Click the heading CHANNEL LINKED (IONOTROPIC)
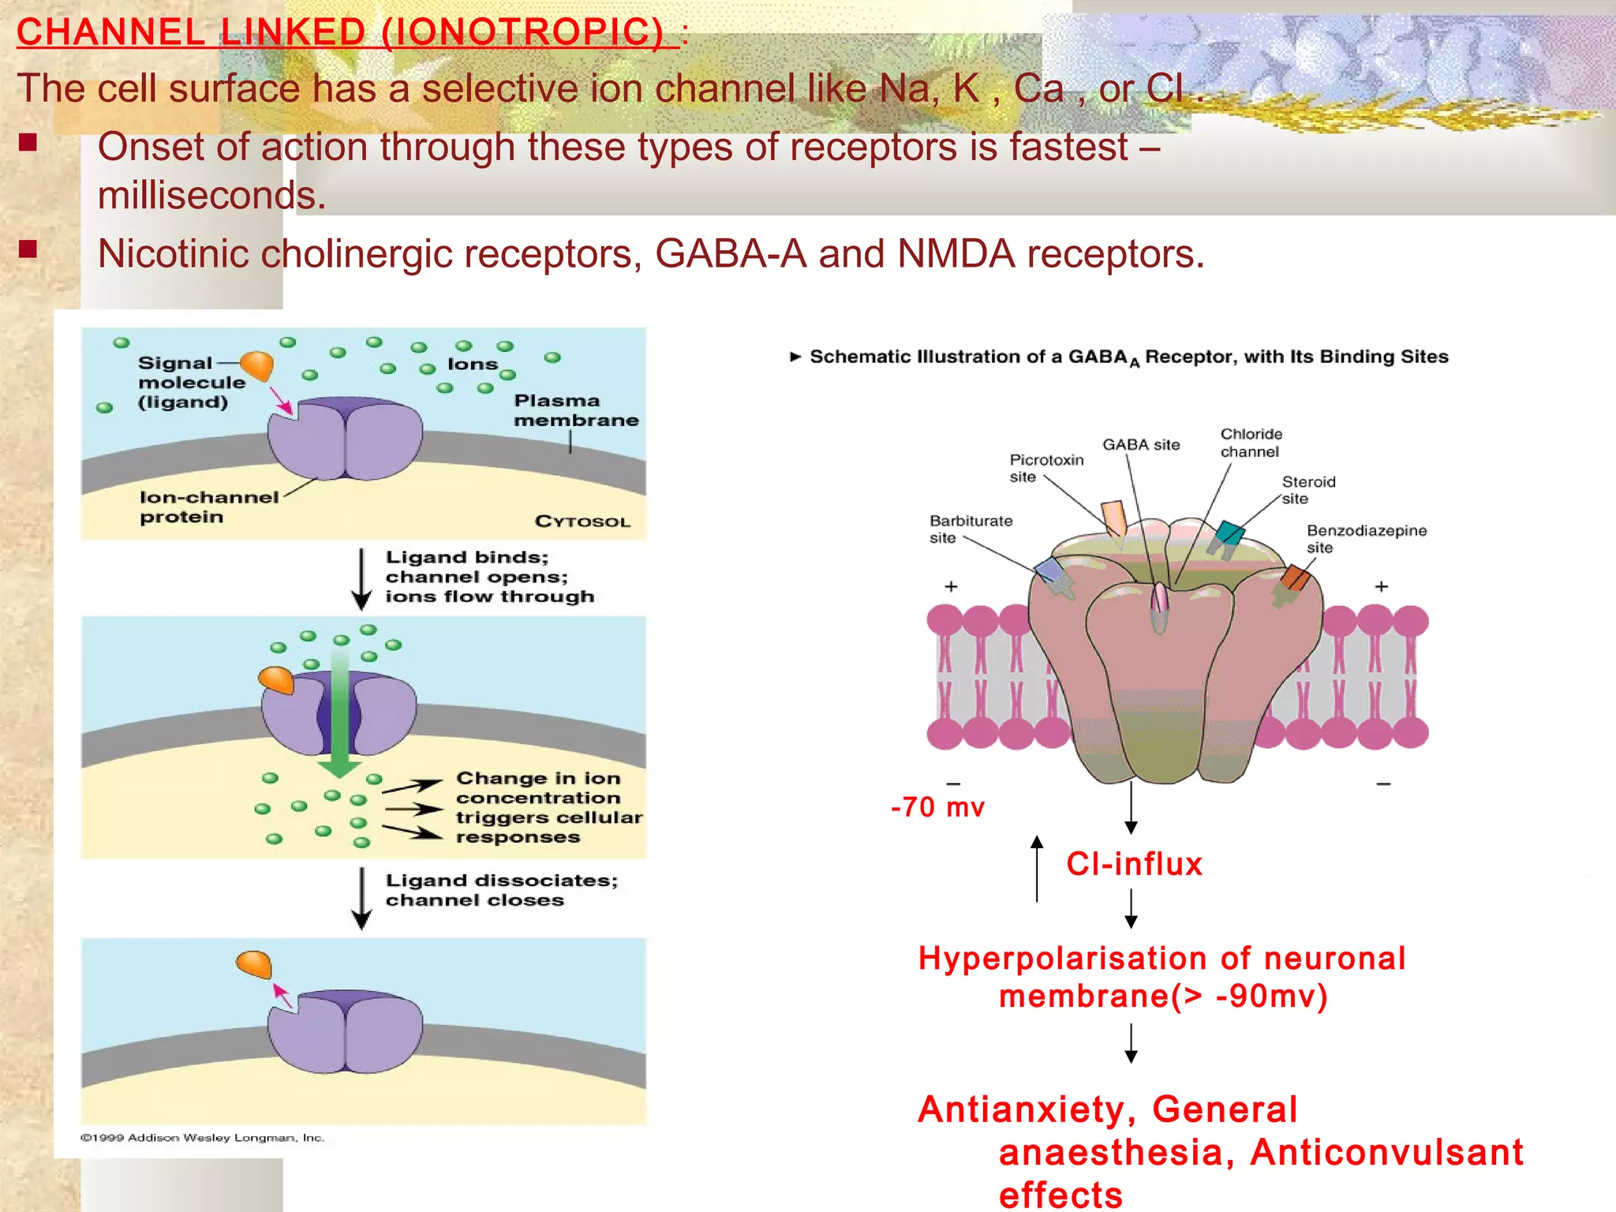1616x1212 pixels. (347, 33)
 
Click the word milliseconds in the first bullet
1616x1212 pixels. (211, 196)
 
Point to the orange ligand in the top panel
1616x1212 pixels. (257, 365)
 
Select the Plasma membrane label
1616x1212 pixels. (575, 410)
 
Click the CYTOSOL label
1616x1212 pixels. (582, 522)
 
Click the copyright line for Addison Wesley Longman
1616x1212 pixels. (202, 1138)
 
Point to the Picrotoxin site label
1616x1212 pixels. (1045, 468)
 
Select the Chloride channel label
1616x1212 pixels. (1251, 443)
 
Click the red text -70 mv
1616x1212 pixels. (937, 807)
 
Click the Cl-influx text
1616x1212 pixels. (1134, 864)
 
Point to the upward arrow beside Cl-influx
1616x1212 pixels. (1037, 868)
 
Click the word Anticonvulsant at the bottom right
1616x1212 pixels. (1386, 1152)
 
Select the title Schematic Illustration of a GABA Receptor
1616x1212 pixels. (1128, 357)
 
